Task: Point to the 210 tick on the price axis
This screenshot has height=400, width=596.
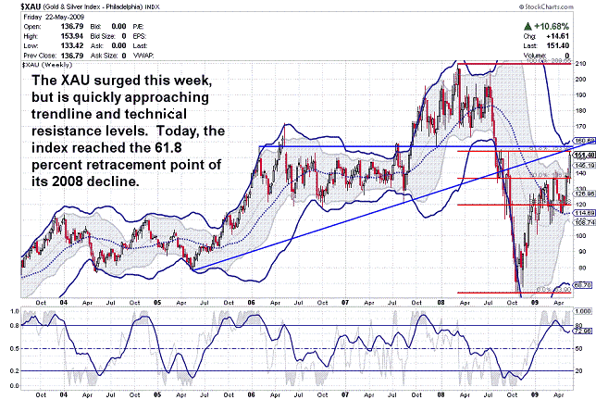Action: pyautogui.click(x=579, y=64)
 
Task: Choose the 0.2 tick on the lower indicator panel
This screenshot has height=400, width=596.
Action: pyautogui.click(x=12, y=369)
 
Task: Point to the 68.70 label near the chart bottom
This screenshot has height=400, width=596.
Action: pyautogui.click(x=583, y=285)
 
